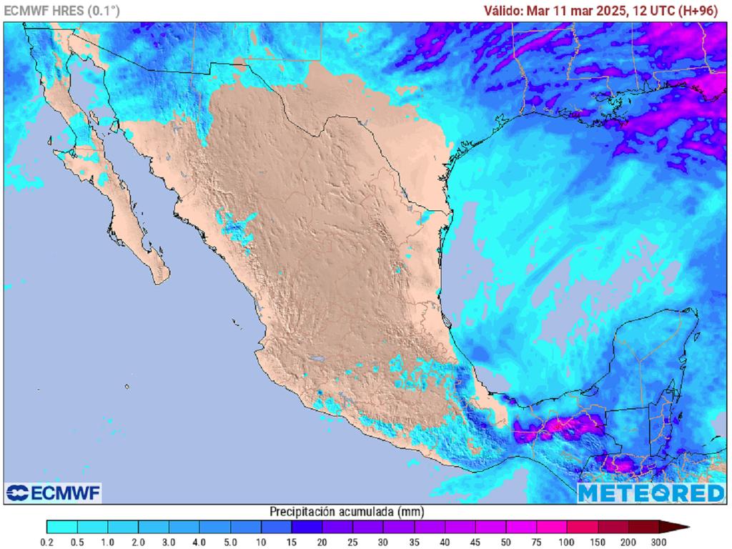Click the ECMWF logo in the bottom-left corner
(x=54, y=493)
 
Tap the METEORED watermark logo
(x=651, y=493)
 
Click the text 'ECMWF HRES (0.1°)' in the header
(x=62, y=10)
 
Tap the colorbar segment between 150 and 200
(x=613, y=528)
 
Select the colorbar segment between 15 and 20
(x=307, y=528)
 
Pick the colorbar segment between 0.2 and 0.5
(x=62, y=528)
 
